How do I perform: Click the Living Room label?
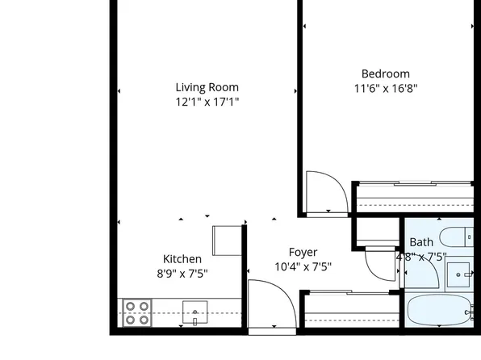(207, 87)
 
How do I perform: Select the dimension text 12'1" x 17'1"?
(207, 102)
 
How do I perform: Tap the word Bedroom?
(385, 73)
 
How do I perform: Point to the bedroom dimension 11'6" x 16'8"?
(385, 88)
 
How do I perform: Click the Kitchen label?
(182, 258)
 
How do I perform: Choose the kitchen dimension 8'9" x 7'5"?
(182, 273)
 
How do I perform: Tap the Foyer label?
(303, 252)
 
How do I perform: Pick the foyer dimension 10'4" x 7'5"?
(303, 266)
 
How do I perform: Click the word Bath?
(421, 242)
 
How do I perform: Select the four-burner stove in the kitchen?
(136, 312)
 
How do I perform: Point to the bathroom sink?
(460, 274)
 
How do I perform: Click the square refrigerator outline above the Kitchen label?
(227, 241)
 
